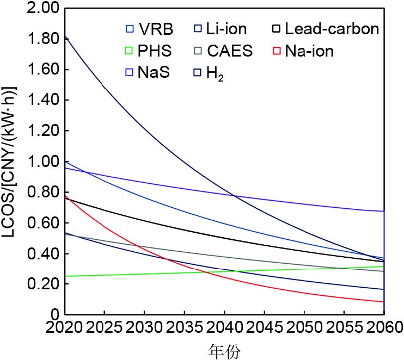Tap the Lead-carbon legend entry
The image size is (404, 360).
click(325, 29)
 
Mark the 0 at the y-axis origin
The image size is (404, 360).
click(55, 315)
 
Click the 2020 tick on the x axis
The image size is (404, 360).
click(65, 328)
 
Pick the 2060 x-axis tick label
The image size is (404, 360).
click(383, 328)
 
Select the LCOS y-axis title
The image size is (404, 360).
click(11, 162)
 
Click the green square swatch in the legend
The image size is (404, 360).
click(129, 52)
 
